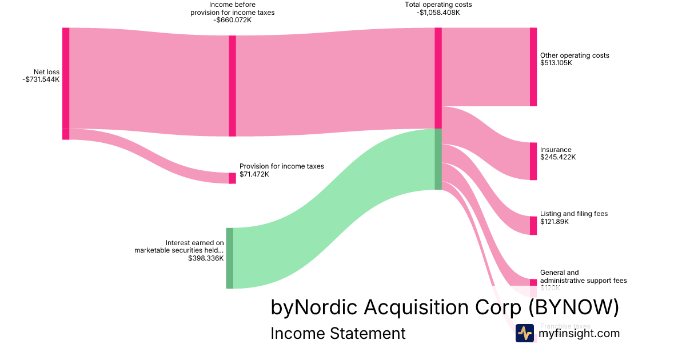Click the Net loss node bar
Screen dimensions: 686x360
coord(66,80)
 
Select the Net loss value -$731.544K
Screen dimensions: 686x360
coord(41,79)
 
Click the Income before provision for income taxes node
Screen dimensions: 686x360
coord(232,86)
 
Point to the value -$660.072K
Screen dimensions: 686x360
coord(233,20)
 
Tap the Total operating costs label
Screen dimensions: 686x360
coord(438,5)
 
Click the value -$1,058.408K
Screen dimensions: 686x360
coord(438,12)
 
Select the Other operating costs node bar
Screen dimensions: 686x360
coord(533,66)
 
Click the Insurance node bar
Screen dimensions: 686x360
coord(533,161)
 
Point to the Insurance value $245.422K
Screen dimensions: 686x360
coord(558,157)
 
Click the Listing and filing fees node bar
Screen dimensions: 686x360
coord(533,225)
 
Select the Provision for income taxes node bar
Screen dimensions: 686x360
coord(232,178)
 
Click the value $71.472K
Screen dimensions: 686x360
coord(254,174)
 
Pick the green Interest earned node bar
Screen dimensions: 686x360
coord(229,258)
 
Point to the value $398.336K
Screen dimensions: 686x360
coord(206,258)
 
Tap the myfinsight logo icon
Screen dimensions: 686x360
coord(524,333)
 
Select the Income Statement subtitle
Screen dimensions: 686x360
coord(338,333)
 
